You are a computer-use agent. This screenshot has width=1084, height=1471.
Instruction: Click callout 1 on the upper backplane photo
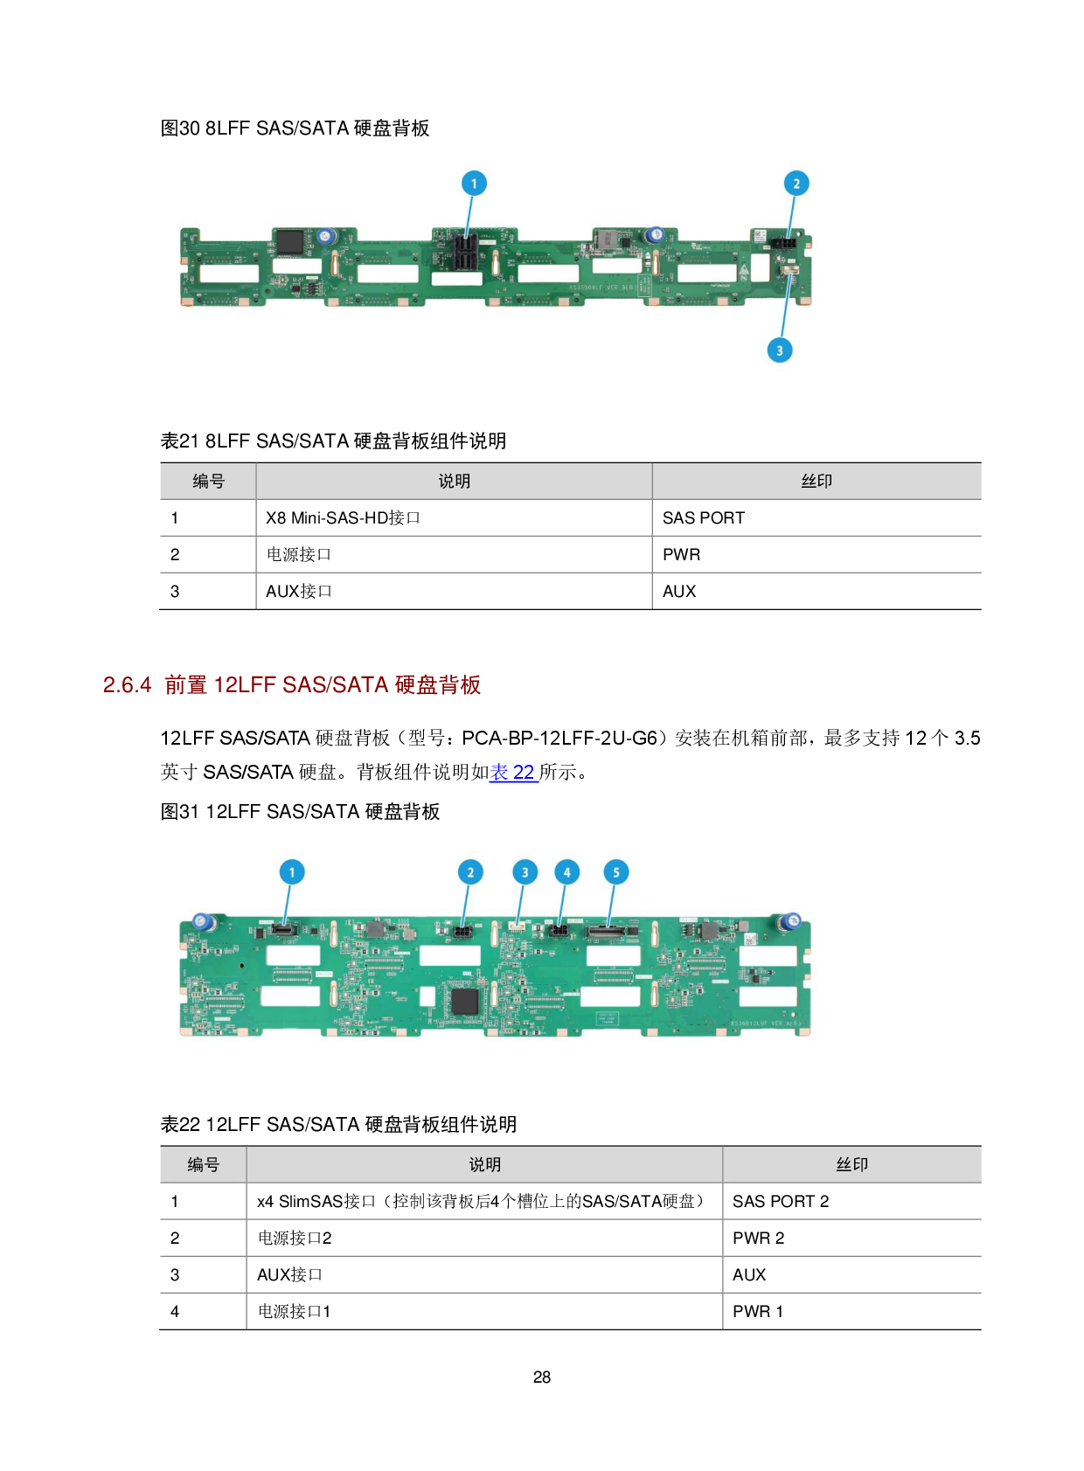pyautogui.click(x=474, y=184)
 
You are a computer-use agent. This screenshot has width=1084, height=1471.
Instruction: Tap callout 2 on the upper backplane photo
pyautogui.click(x=796, y=184)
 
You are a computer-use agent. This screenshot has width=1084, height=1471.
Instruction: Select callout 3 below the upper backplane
pyautogui.click(x=780, y=350)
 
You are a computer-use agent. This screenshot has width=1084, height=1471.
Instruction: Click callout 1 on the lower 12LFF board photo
pyautogui.click(x=292, y=871)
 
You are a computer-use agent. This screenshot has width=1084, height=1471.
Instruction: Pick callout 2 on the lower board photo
pyautogui.click(x=470, y=871)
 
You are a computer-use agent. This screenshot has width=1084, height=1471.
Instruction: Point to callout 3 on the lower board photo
pyautogui.click(x=525, y=871)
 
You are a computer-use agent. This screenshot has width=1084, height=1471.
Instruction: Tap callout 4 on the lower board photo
pyautogui.click(x=566, y=871)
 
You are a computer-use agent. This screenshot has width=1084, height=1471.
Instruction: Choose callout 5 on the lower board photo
pyautogui.click(x=616, y=871)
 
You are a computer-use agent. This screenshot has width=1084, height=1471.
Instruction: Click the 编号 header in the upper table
pyautogui.click(x=208, y=482)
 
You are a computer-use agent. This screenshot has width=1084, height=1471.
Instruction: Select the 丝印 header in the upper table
pyautogui.click(x=816, y=482)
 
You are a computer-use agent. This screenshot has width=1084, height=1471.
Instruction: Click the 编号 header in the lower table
pyautogui.click(x=203, y=1165)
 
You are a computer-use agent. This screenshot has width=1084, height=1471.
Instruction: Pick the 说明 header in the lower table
pyautogui.click(x=484, y=1165)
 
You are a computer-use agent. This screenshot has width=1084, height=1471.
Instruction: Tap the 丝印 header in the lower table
pyautogui.click(x=851, y=1165)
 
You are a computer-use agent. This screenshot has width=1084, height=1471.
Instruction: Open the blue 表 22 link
pyautogui.click(x=513, y=773)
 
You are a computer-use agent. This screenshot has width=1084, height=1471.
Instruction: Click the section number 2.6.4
pyautogui.click(x=128, y=685)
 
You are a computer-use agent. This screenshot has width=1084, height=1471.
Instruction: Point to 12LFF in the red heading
pyautogui.click(x=245, y=685)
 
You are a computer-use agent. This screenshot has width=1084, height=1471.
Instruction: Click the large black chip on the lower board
pyautogui.click(x=464, y=1001)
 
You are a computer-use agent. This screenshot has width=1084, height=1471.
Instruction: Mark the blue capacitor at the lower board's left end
pyautogui.click(x=202, y=921)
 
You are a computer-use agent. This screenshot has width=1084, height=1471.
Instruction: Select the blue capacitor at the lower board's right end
pyautogui.click(x=791, y=920)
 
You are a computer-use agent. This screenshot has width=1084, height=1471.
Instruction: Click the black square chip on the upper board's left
pyautogui.click(x=290, y=242)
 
